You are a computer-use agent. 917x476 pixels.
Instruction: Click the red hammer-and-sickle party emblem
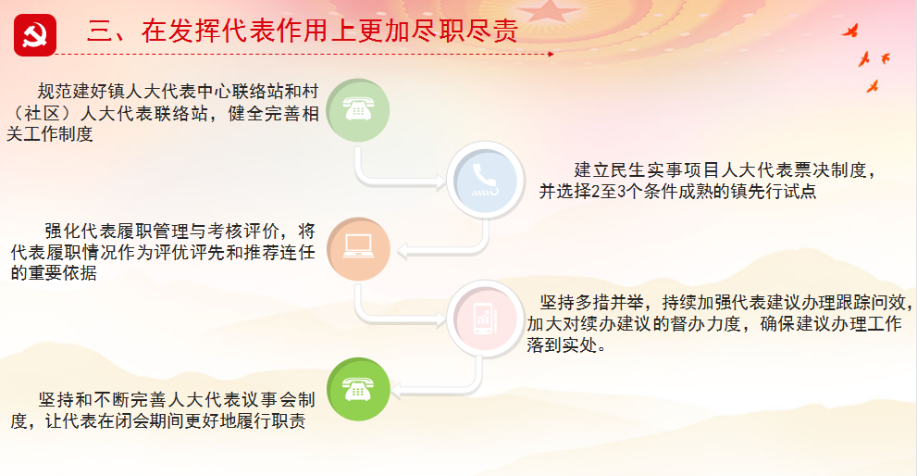coord(35,35)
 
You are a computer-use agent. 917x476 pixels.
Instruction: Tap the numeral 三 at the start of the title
coord(100,31)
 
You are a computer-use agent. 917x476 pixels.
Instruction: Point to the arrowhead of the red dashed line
coord(551,54)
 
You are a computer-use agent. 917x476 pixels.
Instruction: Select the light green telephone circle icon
coord(358,110)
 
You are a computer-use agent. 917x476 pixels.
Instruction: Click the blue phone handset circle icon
coord(486,181)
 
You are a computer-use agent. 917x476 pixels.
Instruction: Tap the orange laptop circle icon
coord(358,249)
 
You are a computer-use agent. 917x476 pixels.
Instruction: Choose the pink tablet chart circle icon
coord(486,319)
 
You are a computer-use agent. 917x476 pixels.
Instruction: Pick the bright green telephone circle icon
coord(358,389)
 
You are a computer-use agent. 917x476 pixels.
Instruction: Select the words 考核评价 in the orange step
coord(243,232)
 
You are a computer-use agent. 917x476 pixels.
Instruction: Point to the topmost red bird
coord(850,31)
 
